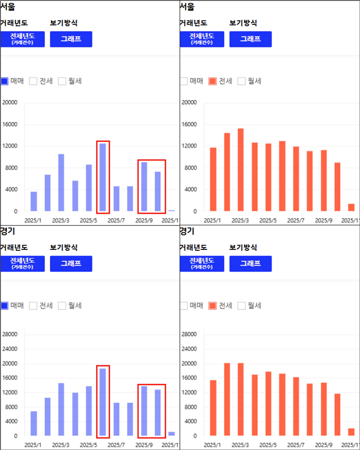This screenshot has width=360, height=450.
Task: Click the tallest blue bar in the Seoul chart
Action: point(103,177)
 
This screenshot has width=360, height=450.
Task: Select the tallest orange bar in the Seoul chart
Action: point(241,170)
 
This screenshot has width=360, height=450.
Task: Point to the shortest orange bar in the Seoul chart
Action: point(351,208)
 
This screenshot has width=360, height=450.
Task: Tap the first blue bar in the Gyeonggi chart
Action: point(34,423)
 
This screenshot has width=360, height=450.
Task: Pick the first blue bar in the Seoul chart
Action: point(34,201)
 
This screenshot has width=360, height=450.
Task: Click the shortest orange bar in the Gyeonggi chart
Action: point(351,432)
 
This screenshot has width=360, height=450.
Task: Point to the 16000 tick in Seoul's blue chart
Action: point(10,124)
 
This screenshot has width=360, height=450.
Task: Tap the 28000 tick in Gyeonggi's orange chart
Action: point(189,334)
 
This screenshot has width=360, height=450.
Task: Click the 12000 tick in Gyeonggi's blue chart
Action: point(10,392)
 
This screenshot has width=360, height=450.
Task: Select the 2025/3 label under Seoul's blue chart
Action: point(61,220)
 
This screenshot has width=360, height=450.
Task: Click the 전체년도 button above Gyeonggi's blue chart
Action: point(23,263)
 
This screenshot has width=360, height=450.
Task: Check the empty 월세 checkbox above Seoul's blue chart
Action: point(62,81)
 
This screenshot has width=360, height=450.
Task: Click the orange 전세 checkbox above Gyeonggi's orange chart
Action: point(213,306)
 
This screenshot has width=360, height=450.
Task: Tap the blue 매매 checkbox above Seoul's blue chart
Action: point(4,81)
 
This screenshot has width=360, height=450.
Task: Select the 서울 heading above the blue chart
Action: point(7,7)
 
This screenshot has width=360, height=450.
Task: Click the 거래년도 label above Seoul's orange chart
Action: point(193,23)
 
